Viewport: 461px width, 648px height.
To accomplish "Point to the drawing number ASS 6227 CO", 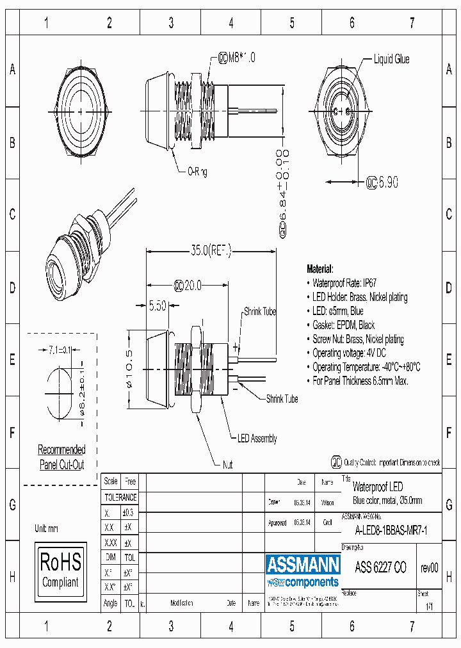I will (380, 568).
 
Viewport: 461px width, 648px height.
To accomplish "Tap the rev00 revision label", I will (429, 568).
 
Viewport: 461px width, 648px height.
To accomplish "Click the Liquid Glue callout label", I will (391, 60).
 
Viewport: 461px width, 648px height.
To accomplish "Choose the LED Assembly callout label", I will (257, 439).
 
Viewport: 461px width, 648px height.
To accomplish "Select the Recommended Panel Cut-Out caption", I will (61, 457).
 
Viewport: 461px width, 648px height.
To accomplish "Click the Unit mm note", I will (47, 528).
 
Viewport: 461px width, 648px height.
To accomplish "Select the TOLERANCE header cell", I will (120, 498).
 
